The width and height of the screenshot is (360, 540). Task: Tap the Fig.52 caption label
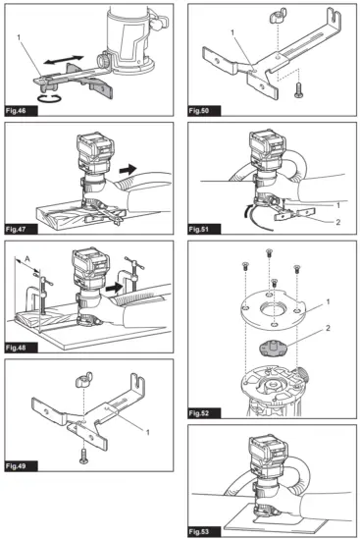[207, 400]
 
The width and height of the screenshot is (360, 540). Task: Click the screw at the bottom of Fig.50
[292, 91]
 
